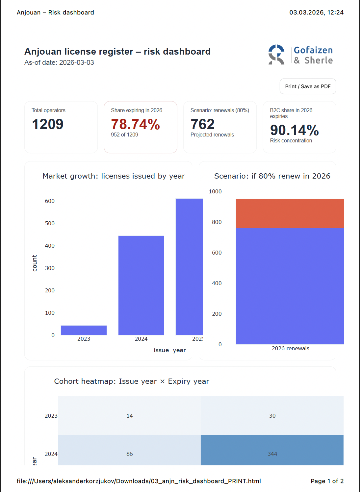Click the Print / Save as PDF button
point(308,86)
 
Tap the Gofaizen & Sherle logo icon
point(276,55)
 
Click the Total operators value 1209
point(48,124)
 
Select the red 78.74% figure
point(135,124)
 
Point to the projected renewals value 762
point(202,124)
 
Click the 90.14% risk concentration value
point(294,130)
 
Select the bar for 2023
point(84,330)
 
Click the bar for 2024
point(141,285)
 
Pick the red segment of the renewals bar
point(290,213)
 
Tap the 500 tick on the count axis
point(50,223)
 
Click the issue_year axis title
point(170,350)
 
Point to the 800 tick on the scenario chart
point(217,222)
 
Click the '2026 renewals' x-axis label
point(290,348)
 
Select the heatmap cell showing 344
point(272,451)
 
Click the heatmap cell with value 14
point(129,416)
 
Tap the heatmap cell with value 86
point(129,451)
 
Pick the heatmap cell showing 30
point(272,416)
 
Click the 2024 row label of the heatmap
point(51,454)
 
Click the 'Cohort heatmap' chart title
point(132,381)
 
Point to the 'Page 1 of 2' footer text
point(327,481)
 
